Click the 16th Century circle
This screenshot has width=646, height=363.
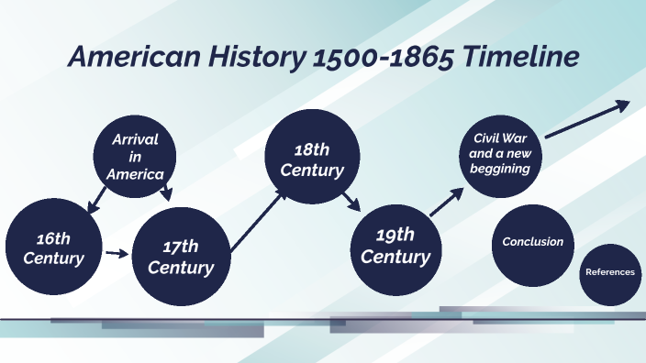tap(53, 248)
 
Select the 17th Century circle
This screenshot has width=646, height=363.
tap(181, 257)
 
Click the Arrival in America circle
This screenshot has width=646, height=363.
tap(135, 156)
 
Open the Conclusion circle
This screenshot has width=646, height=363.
tap(532, 242)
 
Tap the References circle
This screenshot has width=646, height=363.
tap(609, 273)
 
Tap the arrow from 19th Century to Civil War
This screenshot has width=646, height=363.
tap(447, 203)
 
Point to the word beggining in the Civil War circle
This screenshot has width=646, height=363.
tap(501, 169)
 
